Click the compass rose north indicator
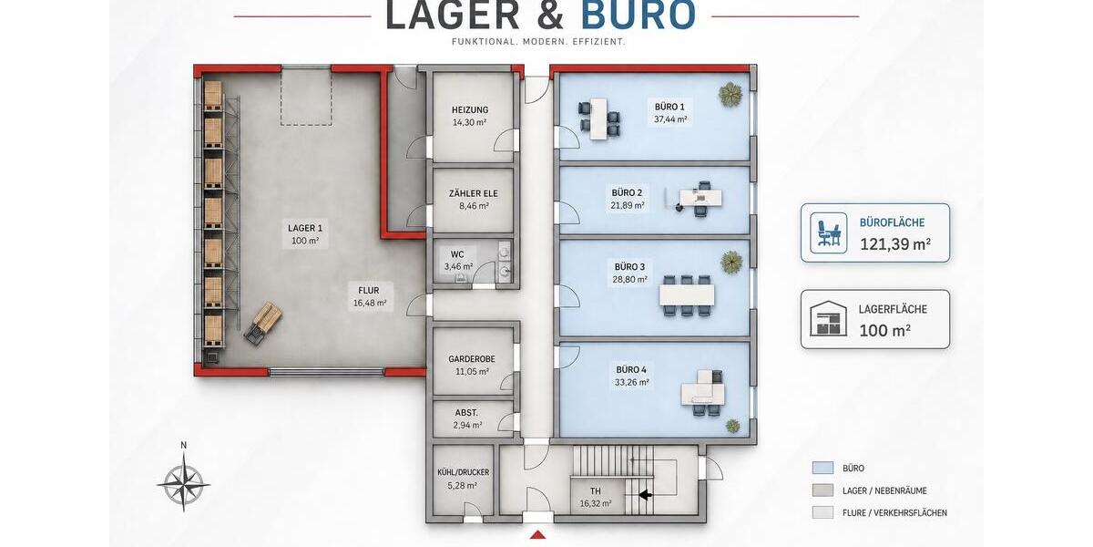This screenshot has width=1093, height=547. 183,445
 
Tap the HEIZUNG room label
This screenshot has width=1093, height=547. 470,110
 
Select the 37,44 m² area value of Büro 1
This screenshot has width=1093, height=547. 670,119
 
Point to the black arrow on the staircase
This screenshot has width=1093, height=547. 646,495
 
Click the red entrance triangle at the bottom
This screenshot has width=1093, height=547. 537,535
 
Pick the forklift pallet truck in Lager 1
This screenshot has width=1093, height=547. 263,323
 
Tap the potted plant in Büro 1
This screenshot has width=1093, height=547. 730,94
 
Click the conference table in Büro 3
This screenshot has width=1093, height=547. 687,295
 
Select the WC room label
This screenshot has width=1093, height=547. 457,254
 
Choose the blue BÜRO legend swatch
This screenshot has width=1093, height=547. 822,468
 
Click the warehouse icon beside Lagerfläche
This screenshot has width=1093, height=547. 828,318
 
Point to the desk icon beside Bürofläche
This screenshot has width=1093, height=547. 828,233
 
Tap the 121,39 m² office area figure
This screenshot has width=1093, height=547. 894,243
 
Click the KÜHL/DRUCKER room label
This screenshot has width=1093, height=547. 463,472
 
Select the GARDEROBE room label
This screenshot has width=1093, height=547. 472,359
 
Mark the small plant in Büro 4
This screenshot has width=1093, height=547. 732,426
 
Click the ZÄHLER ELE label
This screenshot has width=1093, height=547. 474,193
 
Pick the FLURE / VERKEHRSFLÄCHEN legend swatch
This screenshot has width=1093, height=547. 822,512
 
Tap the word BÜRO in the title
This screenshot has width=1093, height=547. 638,15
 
